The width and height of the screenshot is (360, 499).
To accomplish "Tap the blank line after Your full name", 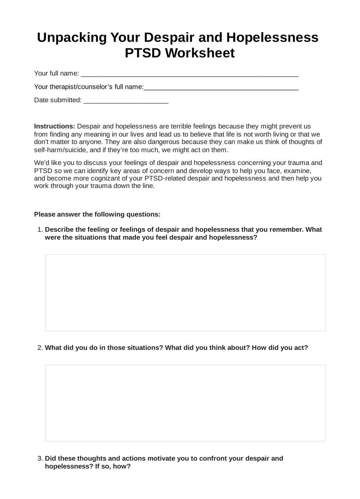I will pos(189,74).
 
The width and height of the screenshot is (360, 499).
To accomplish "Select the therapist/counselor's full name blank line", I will pos(221,88).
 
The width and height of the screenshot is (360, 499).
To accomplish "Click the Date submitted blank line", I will pos(126,101).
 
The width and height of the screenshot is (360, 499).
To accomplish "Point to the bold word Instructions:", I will pos(54,126).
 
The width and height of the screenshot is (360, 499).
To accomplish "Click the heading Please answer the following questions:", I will pos(97,214).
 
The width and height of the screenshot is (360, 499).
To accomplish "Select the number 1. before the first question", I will pos(40,230).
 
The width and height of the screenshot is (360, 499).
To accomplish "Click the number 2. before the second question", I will pos(40,348).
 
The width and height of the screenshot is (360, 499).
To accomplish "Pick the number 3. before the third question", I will pos(40,459).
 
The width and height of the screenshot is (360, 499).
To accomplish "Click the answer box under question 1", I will pos(185,293).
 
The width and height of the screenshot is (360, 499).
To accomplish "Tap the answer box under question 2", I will pos(185,403).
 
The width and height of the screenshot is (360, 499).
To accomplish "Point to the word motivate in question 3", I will pos(161,459).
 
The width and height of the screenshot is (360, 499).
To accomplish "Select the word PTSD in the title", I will pos(143,53).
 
